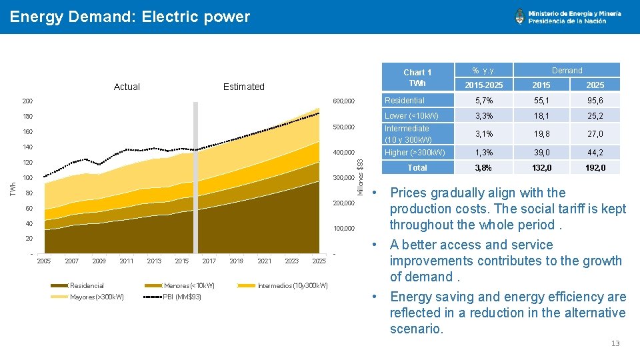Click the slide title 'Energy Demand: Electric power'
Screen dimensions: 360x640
130,17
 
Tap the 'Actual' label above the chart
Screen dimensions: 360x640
127,87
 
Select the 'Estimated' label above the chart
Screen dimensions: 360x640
243,87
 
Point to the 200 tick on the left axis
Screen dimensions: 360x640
27,101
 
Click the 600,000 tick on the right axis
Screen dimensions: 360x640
344,101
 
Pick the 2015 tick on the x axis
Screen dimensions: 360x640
181,261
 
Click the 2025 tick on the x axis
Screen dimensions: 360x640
319,261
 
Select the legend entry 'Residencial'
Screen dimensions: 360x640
87,285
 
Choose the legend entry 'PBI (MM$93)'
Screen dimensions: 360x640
182,297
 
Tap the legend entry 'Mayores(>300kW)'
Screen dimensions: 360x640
96,297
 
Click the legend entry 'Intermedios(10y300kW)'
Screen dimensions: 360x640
293,285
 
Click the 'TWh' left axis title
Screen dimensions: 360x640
11,189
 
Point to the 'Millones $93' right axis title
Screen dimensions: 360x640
361,175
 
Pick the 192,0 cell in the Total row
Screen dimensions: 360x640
595,167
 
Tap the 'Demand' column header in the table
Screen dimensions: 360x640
567,70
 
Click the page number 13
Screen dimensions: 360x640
615,343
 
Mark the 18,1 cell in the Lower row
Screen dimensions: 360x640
541,116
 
